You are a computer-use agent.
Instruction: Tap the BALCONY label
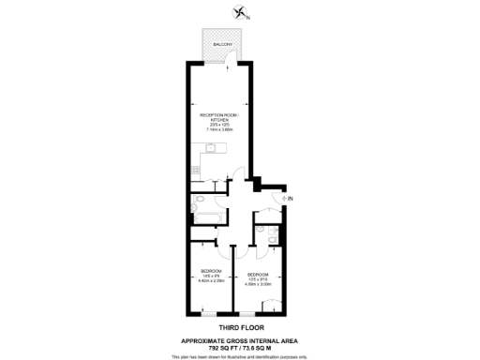[x=222, y=44]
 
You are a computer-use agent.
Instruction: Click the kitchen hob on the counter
[x=194, y=170]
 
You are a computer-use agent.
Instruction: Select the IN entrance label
[x=291, y=199]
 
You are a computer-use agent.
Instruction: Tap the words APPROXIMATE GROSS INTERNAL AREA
[x=240, y=338]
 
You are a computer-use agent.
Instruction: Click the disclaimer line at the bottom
[x=240, y=355]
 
